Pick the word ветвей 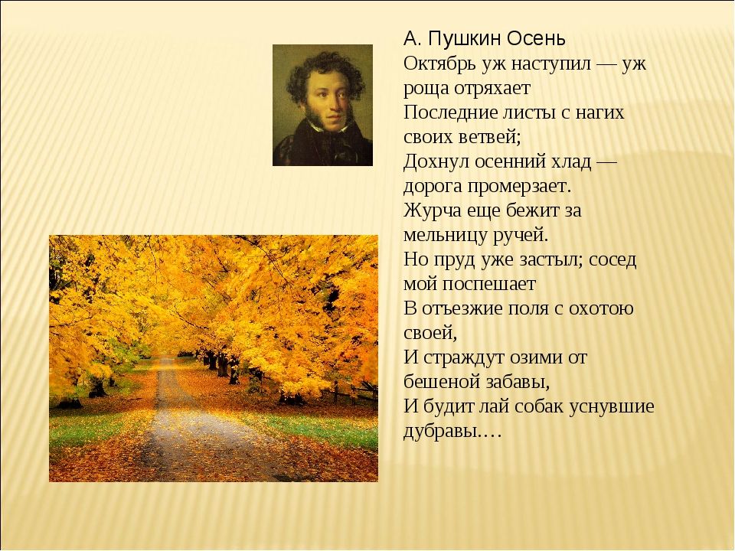[x=488, y=137]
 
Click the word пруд [x=451, y=259]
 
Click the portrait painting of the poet [x=322, y=105]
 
